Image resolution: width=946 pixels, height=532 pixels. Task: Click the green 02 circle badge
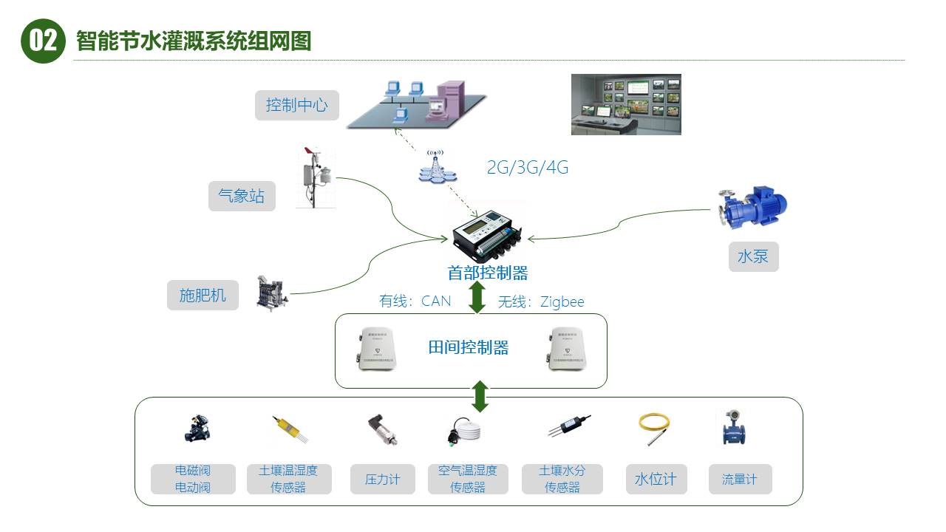pyautogui.click(x=44, y=41)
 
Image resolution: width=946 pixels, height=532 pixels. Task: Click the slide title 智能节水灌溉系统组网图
pyautogui.click(x=194, y=41)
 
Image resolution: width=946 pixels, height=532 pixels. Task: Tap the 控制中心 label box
pyautogui.click(x=296, y=105)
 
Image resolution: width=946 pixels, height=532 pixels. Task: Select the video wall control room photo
pyautogui.click(x=626, y=104)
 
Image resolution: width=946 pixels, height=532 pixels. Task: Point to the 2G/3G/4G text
pyautogui.click(x=527, y=168)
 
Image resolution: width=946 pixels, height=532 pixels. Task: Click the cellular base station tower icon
pyautogui.click(x=437, y=167)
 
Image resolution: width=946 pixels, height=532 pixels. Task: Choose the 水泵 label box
pyautogui.click(x=753, y=256)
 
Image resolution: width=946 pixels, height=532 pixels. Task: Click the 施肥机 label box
pyautogui.click(x=203, y=296)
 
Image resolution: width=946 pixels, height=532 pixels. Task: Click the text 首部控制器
pyautogui.click(x=488, y=273)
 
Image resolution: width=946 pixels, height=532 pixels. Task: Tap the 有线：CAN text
pyautogui.click(x=415, y=301)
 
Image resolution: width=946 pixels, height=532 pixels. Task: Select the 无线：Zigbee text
pyautogui.click(x=541, y=301)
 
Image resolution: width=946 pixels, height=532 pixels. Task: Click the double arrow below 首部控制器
pyautogui.click(x=477, y=297)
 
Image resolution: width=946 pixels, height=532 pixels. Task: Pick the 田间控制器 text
pyautogui.click(x=469, y=347)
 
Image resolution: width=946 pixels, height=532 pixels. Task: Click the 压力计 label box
pyautogui.click(x=382, y=479)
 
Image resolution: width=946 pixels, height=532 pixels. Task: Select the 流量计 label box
pyautogui.click(x=740, y=479)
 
